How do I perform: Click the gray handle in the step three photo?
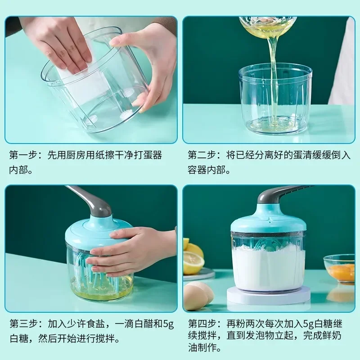pyautogui.click(x=92, y=200)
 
